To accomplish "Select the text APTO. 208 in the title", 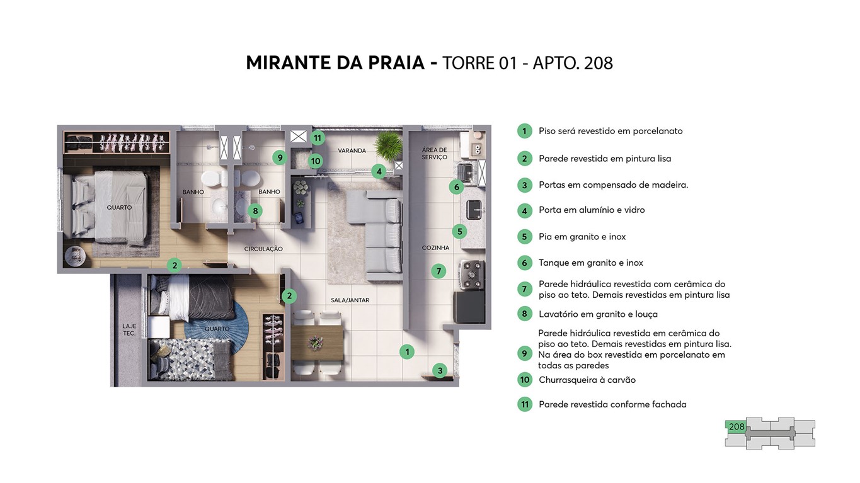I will pos(573,63).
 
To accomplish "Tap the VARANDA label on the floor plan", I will pos(352,151).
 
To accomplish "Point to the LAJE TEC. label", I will pos(129,329).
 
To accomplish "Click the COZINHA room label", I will pos(435,248).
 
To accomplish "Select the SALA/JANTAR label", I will pos(350,300).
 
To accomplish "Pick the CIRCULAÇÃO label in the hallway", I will pos(263,249).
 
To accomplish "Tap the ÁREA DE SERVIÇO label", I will pos(434,153).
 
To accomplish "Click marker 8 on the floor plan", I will pos(255,211).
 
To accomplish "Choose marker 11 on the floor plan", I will pos(318,138).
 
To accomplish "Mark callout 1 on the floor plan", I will pos(408,352).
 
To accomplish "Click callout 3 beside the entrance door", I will pos(440,371).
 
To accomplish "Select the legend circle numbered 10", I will pos(524,380).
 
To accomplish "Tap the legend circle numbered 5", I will pos(524,237).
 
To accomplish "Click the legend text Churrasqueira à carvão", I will pos(587,380).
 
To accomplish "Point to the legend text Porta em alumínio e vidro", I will pos(591,210).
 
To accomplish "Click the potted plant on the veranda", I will pos(387,147).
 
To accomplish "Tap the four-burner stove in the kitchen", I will pos(471,273).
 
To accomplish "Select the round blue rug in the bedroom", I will pos(233,327).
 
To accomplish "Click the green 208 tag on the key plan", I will pos(736,427).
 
